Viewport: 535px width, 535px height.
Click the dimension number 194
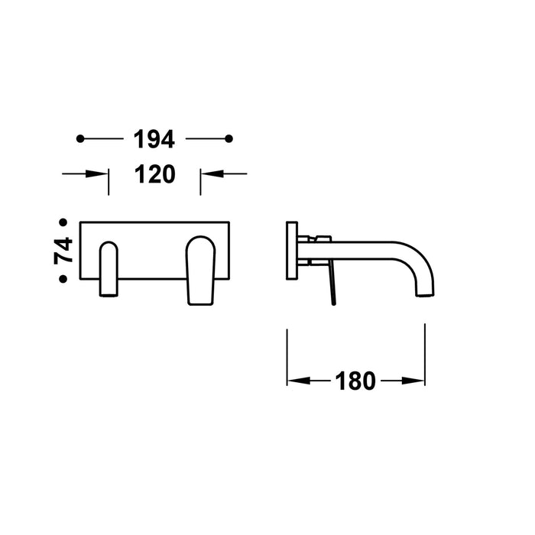(154, 139)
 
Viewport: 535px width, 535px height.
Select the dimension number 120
(155, 174)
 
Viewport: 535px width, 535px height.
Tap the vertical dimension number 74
(63, 251)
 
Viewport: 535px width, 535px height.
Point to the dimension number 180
(355, 381)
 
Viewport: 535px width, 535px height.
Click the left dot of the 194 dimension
(80, 139)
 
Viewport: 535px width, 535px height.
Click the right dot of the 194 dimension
(229, 139)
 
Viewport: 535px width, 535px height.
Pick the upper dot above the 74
(63, 222)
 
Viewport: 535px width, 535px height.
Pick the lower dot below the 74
(63, 279)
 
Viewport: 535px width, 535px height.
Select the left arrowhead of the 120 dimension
(97, 173)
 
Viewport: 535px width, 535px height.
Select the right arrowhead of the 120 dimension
(212, 173)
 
